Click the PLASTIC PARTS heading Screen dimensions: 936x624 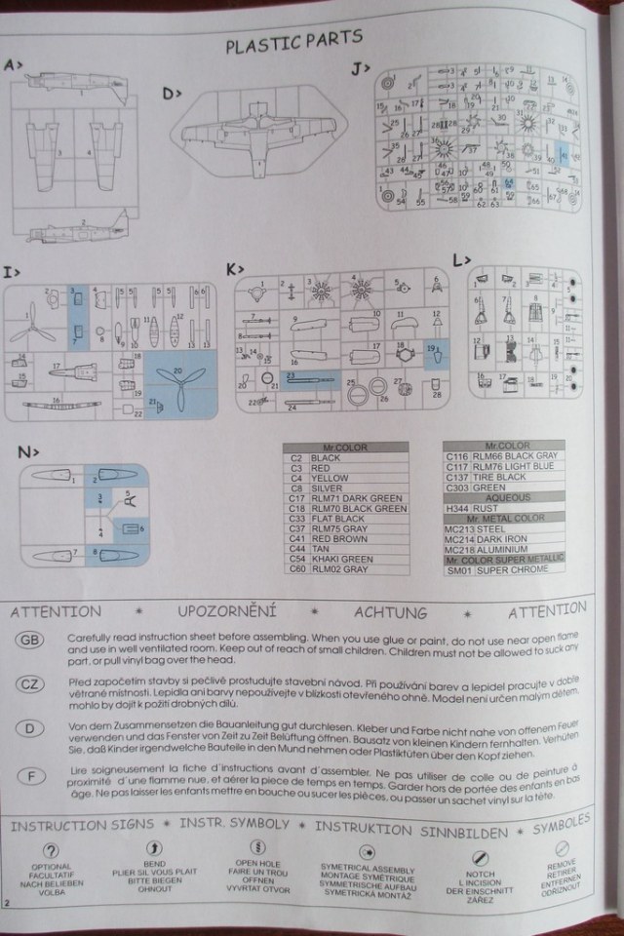293,40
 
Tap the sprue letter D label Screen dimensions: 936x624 171,94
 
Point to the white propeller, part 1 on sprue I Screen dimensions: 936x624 32,325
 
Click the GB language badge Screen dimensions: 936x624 30,640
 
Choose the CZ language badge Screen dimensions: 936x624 30,684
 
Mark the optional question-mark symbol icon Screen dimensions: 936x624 51,848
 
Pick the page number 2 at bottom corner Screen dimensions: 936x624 8,906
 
